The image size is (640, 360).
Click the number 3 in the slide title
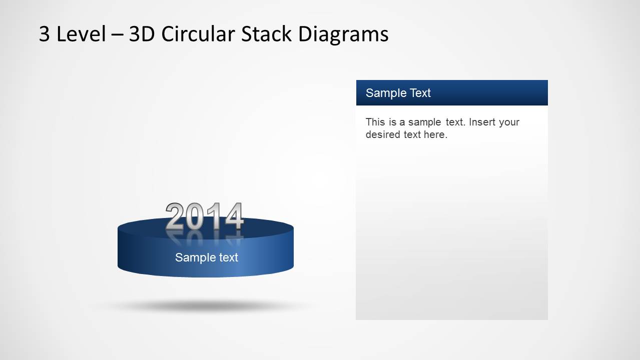(x=45, y=34)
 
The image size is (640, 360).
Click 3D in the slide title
(x=142, y=34)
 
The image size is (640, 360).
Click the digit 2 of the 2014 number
(x=175, y=216)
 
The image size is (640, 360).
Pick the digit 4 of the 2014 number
(x=234, y=216)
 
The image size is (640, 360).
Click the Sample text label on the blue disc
(x=206, y=257)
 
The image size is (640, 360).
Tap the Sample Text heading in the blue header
(x=398, y=93)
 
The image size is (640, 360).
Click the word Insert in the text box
(x=482, y=122)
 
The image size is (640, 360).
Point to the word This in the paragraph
(x=375, y=122)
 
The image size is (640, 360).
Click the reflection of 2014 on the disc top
(x=205, y=236)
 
